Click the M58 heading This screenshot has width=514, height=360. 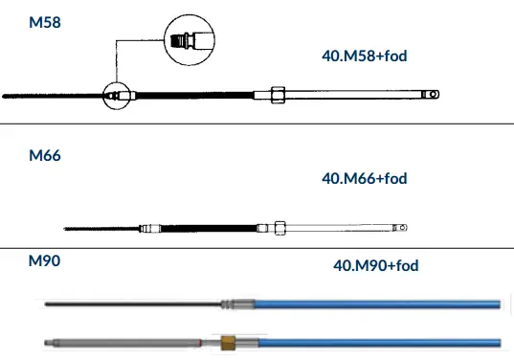tap(45, 22)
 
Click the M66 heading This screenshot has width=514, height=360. tap(45, 155)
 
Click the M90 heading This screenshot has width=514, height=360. tap(45, 261)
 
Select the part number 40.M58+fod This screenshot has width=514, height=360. tap(365, 56)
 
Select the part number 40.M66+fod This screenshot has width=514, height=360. tap(365, 179)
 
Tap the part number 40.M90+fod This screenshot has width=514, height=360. tap(376, 265)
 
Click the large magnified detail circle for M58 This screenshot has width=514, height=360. tap(190, 15)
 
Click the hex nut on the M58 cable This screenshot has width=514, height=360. tap(278, 95)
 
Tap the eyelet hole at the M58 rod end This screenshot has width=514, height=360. tap(434, 95)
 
